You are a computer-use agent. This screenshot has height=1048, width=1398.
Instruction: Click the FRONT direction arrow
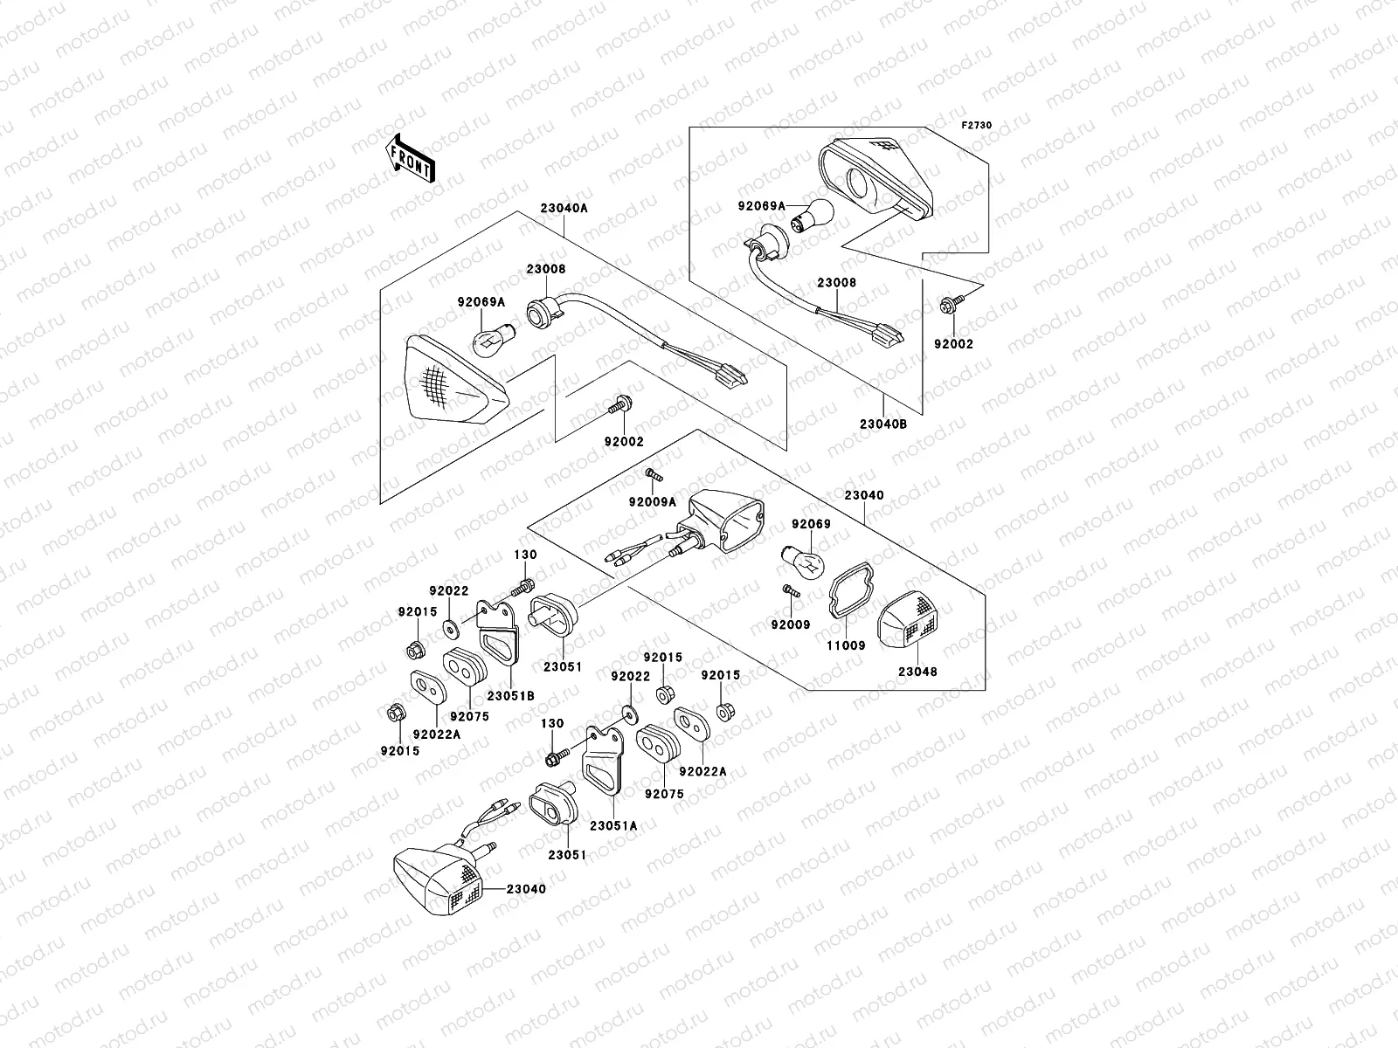[x=424, y=157]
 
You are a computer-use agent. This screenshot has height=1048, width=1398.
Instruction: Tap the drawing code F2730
[x=977, y=125]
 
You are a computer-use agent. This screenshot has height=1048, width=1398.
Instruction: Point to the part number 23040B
[x=882, y=424]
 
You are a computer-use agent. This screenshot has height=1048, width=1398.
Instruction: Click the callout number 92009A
[x=653, y=502]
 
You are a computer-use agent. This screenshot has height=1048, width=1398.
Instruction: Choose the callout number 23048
[x=917, y=672]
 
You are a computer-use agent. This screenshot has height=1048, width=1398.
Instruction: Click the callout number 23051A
[x=613, y=824]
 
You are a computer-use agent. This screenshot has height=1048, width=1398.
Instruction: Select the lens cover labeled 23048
[x=910, y=619]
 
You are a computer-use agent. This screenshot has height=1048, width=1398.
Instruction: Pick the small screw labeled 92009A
[x=654, y=474]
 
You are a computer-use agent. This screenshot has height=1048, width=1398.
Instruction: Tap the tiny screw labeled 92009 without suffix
[x=790, y=591]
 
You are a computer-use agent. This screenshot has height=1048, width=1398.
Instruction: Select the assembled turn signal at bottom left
[x=437, y=878]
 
